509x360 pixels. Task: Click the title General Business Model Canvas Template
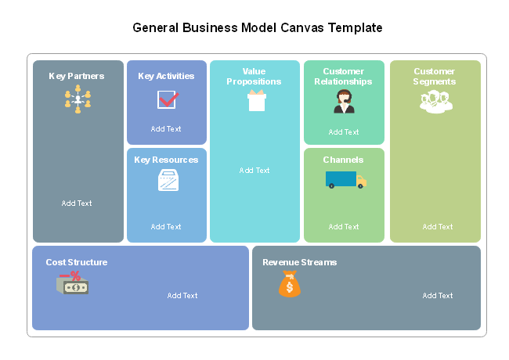258,27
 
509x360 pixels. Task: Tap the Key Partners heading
77,76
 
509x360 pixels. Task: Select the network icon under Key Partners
78,99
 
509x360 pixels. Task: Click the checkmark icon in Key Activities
168,99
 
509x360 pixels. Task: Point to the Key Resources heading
166,160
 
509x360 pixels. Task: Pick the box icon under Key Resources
168,181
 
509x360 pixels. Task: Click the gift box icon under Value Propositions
256,100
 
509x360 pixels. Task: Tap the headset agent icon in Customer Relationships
344,102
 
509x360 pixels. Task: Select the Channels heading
343,160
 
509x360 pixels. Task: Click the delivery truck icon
345,180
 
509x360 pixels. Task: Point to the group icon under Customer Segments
435,102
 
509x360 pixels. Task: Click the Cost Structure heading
77,262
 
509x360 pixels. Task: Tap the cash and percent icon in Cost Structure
72,283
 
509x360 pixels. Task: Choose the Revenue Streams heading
299,262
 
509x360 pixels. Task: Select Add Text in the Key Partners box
77,203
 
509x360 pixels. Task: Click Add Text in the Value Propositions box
254,171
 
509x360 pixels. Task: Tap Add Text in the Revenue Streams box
438,296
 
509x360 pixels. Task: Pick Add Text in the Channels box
344,227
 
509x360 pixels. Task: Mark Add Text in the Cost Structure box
182,296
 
